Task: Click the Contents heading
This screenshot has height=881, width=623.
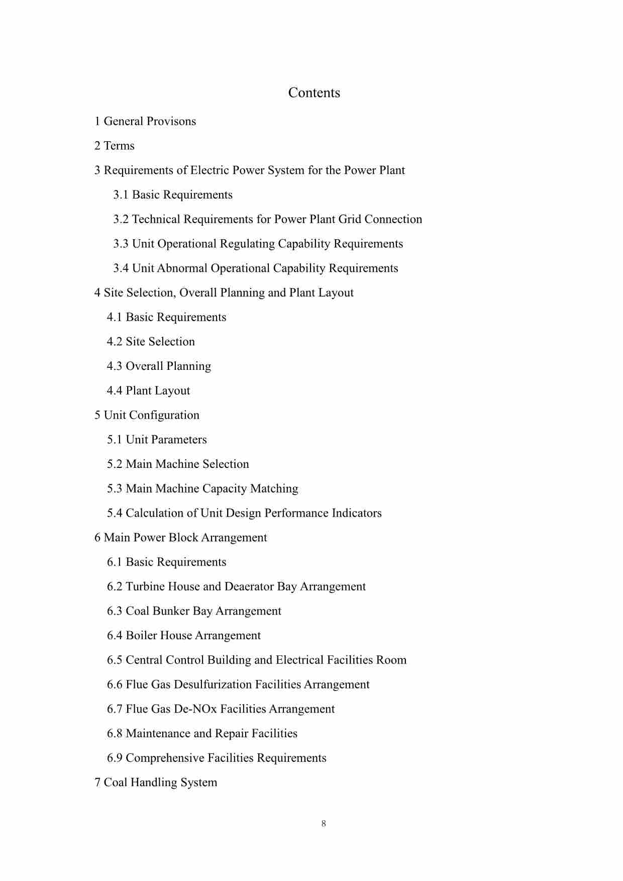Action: coord(314,93)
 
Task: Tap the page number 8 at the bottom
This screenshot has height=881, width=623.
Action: coord(324,823)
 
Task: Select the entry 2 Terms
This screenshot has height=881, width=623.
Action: coord(115,146)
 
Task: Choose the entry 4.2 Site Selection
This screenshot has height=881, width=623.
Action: coord(151,342)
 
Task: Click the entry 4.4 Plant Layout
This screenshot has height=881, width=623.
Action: coord(148,391)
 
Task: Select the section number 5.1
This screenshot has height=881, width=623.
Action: coord(115,440)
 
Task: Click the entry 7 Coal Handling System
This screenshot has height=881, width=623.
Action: coord(156,782)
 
